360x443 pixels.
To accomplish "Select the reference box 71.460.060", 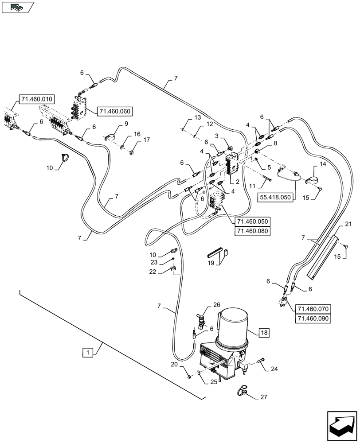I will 115,111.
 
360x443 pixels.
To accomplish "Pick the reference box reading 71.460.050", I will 253,221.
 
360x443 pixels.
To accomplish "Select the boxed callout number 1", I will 88,353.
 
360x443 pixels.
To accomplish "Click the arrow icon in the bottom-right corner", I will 341,425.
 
